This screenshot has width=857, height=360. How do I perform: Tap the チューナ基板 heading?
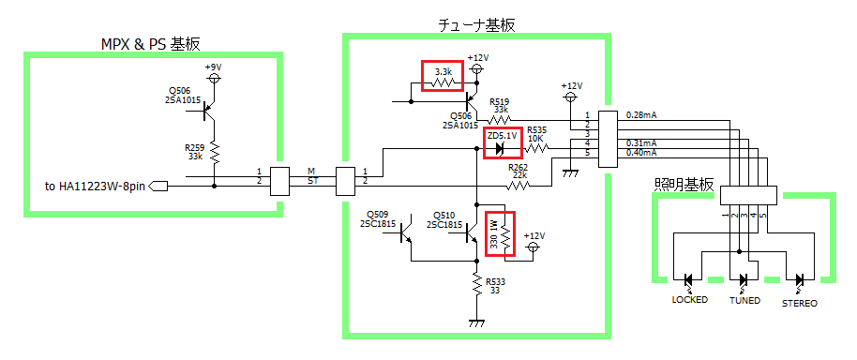click(x=476, y=25)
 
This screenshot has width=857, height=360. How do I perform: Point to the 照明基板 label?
click(x=684, y=186)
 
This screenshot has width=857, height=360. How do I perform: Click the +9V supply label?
click(x=214, y=67)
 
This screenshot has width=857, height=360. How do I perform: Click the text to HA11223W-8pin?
click(x=96, y=187)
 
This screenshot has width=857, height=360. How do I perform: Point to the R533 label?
click(x=496, y=281)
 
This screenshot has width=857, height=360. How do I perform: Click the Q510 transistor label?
click(x=444, y=214)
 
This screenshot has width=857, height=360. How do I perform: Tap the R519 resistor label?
click(x=500, y=101)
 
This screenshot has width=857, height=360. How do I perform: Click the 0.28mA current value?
click(x=641, y=115)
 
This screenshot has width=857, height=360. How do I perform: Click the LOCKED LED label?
click(x=689, y=299)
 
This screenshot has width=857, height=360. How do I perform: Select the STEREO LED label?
click(x=800, y=303)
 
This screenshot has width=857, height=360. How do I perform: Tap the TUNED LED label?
click(x=744, y=300)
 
